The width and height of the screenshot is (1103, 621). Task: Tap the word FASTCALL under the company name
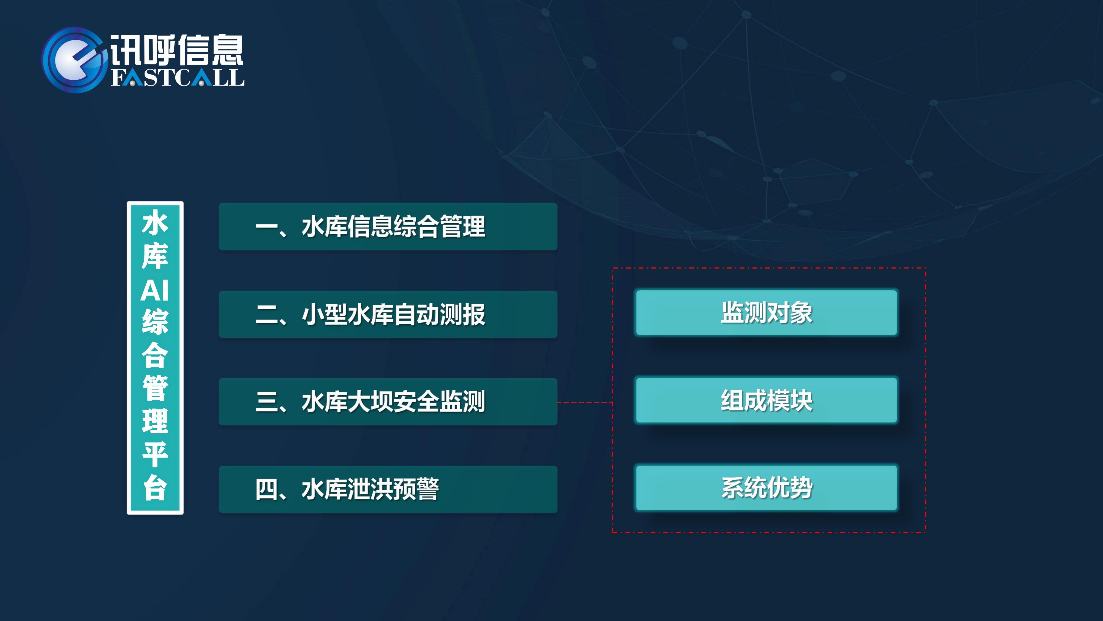(178, 78)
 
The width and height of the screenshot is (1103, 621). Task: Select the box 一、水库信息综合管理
(388, 227)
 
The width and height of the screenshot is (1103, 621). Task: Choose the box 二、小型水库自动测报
(388, 315)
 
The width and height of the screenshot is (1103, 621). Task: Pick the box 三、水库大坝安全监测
(388, 402)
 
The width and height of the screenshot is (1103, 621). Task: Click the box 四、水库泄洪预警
(388, 489)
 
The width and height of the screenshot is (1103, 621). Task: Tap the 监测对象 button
(767, 312)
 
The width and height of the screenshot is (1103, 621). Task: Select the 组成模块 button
(767, 400)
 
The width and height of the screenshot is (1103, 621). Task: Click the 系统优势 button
(767, 488)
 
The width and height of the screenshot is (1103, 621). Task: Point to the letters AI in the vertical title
(155, 291)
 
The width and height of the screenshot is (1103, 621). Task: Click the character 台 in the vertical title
(155, 487)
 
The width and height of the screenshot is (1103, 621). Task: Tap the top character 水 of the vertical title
(155, 222)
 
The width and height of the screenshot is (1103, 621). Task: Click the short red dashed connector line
(585, 402)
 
